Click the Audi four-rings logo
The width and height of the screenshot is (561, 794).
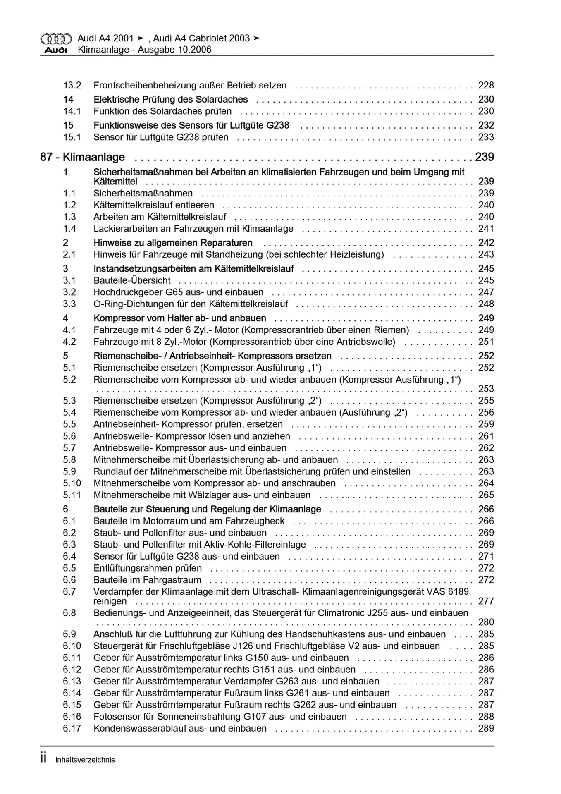point(56,39)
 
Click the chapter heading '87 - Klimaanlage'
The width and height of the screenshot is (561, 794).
point(82,157)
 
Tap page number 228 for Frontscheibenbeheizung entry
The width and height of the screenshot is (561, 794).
point(486,86)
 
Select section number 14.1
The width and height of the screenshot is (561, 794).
point(72,111)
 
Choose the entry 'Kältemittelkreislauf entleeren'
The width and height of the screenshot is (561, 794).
point(154,205)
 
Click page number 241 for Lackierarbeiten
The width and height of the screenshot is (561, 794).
point(486,229)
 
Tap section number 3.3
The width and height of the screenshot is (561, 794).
point(69,304)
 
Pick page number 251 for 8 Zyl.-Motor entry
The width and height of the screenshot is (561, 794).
point(486,342)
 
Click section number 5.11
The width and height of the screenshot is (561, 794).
point(72,495)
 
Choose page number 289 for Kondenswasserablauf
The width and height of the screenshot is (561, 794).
point(486,729)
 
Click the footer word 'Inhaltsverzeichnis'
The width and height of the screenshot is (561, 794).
point(85,760)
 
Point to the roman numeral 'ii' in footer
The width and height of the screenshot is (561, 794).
point(43,758)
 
